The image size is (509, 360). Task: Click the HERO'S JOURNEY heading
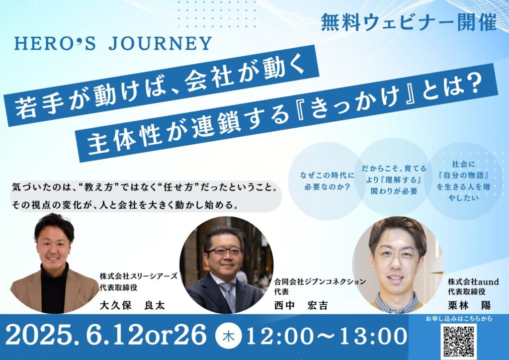113,44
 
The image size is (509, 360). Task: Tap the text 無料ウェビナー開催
409,22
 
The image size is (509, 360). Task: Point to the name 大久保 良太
132,305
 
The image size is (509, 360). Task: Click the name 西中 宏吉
301,305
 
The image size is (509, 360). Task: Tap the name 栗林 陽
469,305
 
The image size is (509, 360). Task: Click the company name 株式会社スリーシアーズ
139,276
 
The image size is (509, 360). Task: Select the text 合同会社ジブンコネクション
320,281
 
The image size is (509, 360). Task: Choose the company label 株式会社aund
473,281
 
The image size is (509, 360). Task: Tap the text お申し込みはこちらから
459,319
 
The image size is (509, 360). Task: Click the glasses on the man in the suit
225,251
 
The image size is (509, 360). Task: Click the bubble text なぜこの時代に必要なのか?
327,181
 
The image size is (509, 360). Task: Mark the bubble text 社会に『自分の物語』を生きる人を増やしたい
464,181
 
